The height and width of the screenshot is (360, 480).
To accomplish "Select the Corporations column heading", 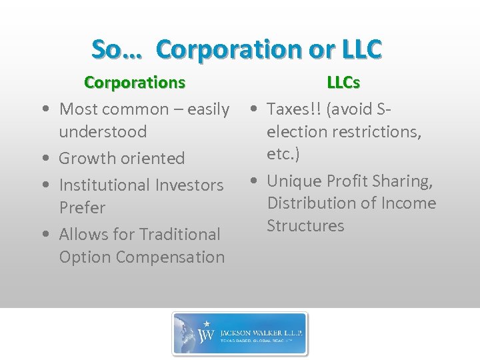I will point(135,83).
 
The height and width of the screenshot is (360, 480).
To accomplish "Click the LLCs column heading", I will point(343,83).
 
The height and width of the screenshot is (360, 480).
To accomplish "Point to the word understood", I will point(103,132).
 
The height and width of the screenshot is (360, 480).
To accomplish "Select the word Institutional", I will point(107,185).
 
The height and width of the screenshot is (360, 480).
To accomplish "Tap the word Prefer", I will point(82,208).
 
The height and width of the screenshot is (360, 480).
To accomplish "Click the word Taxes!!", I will point(293,109).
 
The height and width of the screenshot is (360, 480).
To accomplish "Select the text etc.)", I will point(283,154).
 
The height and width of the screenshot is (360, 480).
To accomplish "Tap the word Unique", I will point(293,181).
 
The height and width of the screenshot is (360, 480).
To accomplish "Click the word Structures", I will point(305,226).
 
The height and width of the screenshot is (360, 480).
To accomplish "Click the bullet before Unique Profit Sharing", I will point(255,181).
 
